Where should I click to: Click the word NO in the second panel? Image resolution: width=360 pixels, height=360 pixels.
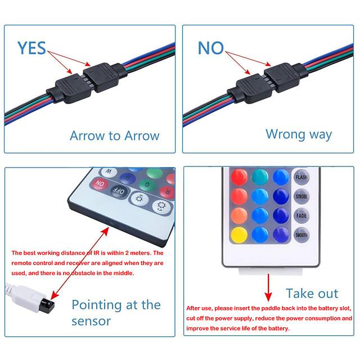coord(210,48)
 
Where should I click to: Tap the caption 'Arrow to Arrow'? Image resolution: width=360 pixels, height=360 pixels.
coord(114,136)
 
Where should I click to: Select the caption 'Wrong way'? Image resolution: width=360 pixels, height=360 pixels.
coord(299,134)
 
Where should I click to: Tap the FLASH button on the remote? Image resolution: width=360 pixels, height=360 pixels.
coord(301,176)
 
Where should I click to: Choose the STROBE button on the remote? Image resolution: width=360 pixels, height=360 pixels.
coord(301,196)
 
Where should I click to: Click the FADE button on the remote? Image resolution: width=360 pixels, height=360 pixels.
coord(301,215)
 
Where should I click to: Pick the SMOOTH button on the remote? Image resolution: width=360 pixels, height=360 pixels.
coord(301,235)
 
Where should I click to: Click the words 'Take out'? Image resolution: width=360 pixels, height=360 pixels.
coord(312,293)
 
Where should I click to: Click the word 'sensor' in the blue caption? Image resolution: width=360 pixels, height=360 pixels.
coord(91,321)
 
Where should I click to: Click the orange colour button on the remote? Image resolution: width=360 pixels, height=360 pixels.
coord(238,215)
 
